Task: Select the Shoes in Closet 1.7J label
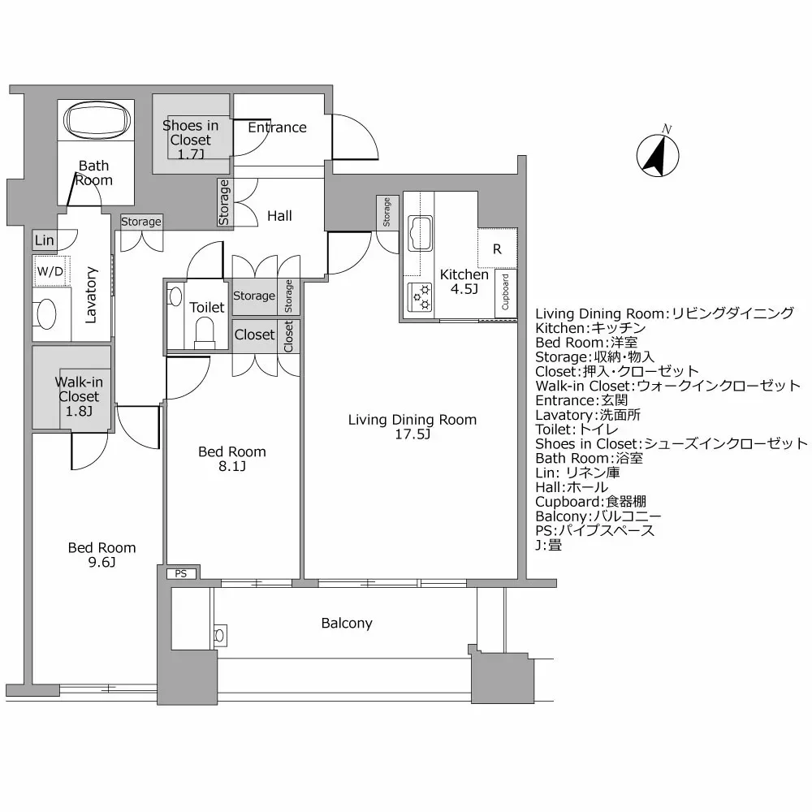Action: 190,139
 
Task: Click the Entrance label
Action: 277,127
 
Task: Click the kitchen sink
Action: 421,233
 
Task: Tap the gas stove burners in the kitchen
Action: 421,298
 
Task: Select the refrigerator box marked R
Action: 497,250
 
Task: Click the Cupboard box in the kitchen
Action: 505,292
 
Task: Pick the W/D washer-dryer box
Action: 50,271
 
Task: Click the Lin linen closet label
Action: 45,241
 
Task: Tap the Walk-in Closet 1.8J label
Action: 78,396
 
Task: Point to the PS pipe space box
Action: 180,573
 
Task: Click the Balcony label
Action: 347,624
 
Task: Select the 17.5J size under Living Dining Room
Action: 412,434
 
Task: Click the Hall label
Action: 279,216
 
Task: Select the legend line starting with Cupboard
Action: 590,502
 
